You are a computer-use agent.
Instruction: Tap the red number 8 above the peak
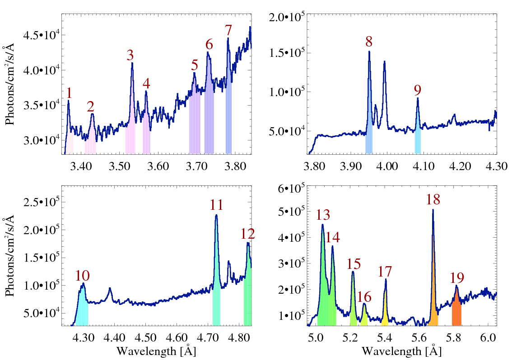[x=369, y=42]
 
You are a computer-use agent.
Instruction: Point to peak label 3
[x=130, y=55]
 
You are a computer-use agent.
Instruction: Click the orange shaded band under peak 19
[x=456, y=313]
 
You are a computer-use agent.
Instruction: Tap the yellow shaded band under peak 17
[x=385, y=318]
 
